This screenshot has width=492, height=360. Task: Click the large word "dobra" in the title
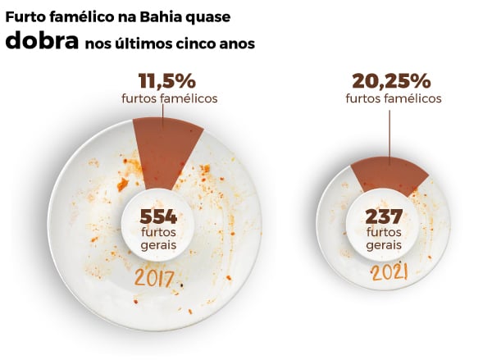[x=41, y=43]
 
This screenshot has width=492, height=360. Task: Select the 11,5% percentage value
[x=166, y=82]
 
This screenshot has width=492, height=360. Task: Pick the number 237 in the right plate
[x=383, y=216]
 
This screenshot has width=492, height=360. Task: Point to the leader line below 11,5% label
[x=162, y=120]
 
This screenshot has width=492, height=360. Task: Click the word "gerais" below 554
[x=159, y=247]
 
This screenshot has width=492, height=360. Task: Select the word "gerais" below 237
[x=384, y=244]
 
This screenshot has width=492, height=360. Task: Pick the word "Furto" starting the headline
[x=25, y=16]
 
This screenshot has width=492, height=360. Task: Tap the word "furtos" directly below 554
[x=159, y=234]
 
